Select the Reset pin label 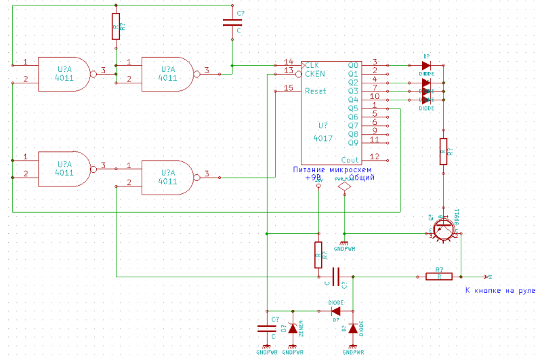(315, 91)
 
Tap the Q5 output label (352, 108)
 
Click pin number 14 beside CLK (289, 62)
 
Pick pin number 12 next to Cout (375, 156)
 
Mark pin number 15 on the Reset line (289, 87)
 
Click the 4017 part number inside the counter (323, 138)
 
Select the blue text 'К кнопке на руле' (500, 291)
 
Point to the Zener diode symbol (293, 328)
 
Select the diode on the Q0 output (426, 66)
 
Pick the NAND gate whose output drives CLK (168, 73)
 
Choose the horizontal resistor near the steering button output (439, 276)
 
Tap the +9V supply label (312, 178)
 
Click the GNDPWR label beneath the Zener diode (292, 353)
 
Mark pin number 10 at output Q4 (375, 96)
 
